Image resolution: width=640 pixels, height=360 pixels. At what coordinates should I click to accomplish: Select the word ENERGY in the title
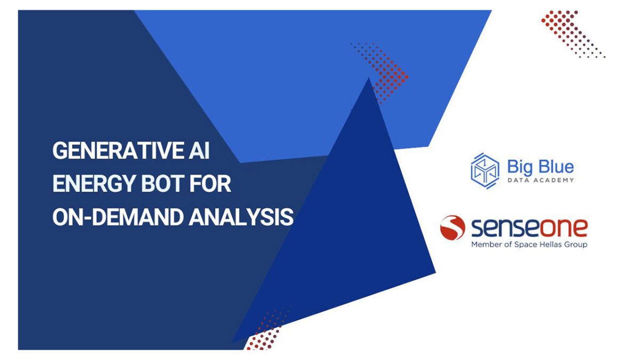[x=94, y=183]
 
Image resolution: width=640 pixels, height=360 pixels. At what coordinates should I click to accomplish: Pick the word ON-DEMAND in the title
[x=118, y=217]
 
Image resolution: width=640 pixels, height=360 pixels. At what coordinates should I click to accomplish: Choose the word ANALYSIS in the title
[x=241, y=217]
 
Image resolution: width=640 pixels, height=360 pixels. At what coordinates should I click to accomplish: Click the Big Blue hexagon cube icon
[x=485, y=171]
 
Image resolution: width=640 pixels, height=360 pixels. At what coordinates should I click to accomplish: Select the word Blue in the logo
[x=556, y=166]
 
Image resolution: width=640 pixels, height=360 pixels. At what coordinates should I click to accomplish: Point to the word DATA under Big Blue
[x=518, y=180]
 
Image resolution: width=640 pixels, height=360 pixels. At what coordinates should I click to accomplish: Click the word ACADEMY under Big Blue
[x=554, y=180]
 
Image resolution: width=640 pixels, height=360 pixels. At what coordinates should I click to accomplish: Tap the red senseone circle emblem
[x=452, y=227]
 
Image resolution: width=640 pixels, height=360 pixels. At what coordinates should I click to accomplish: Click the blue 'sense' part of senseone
[x=506, y=228]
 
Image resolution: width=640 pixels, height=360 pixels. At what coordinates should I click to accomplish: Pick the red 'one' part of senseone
[x=563, y=228]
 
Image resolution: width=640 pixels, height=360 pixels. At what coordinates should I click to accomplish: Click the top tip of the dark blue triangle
[x=369, y=77]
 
